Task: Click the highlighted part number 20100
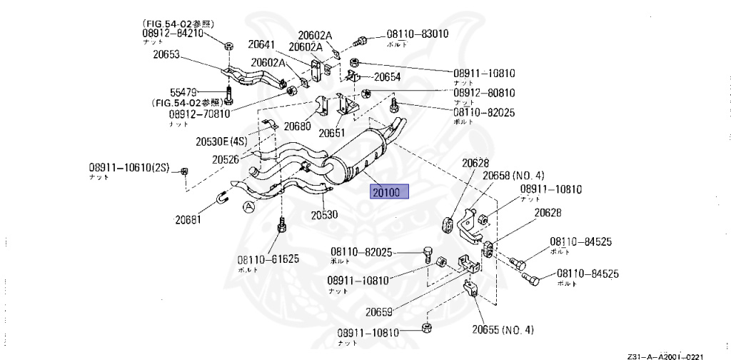[388, 191]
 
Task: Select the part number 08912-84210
[173, 33]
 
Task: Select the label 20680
[297, 126]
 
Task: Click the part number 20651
[332, 133]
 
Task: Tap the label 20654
[388, 77]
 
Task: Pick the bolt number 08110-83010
[418, 34]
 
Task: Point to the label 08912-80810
[483, 93]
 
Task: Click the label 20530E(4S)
[221, 141]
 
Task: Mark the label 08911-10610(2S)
[129, 168]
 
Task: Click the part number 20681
[190, 219]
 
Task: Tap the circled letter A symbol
[248, 207]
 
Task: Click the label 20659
[380, 311]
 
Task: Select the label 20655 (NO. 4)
[503, 329]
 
